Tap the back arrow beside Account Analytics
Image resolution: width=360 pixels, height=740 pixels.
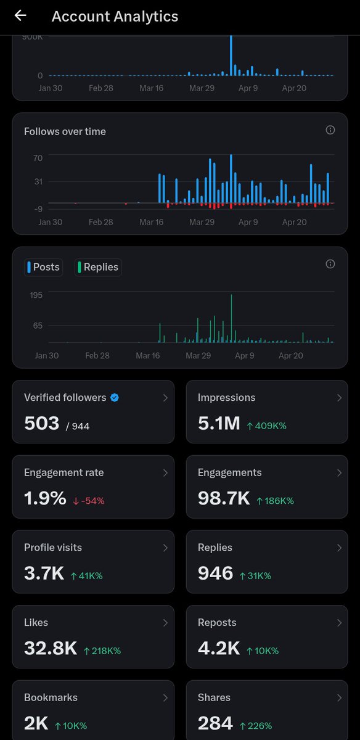[x=20, y=16]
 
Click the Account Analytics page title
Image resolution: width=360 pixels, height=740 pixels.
[x=115, y=17]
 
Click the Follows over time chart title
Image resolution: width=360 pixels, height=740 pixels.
[x=65, y=131]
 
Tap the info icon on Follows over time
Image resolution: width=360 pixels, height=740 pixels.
[x=330, y=130]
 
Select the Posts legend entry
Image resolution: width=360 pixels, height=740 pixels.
[x=44, y=267]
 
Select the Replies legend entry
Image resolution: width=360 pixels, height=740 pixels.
[x=98, y=267]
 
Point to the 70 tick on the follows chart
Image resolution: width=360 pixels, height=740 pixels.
[x=38, y=158]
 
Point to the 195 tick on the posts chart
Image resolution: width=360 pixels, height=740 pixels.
[x=36, y=295]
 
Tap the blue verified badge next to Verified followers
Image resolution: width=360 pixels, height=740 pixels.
[x=115, y=398]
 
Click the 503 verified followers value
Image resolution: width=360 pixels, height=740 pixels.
[x=42, y=424]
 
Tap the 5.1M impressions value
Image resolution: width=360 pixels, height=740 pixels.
[x=218, y=424]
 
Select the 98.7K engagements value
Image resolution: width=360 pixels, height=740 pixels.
[x=223, y=499]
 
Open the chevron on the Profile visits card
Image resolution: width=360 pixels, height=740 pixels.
[x=165, y=548]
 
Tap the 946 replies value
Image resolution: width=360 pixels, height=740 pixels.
[x=215, y=574]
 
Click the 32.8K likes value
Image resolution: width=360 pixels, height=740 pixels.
[x=51, y=649]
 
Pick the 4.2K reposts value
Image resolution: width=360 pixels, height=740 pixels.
[x=218, y=649]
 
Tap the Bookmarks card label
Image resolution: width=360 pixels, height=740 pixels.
[x=51, y=697]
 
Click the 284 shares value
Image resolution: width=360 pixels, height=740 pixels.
[x=215, y=724]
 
